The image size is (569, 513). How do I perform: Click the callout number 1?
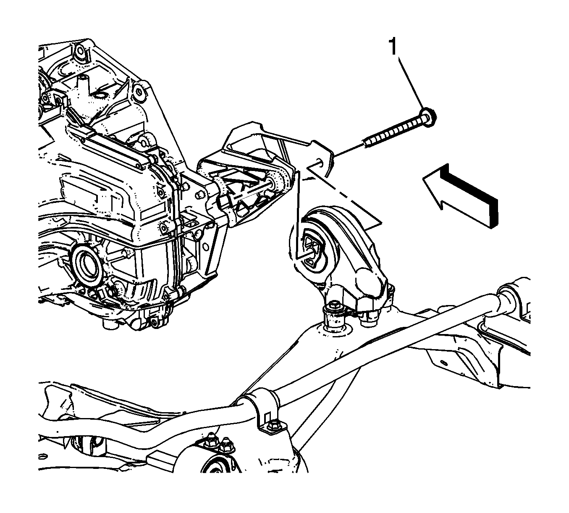click(x=393, y=47)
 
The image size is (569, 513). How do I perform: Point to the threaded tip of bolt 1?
click(x=367, y=143)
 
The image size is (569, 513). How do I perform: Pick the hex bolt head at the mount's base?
click(x=335, y=307)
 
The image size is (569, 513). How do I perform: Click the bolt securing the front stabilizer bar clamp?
click(x=273, y=425)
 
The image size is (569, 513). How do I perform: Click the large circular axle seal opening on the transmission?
click(x=87, y=263)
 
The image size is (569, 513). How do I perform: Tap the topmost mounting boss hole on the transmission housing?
click(x=78, y=54)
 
